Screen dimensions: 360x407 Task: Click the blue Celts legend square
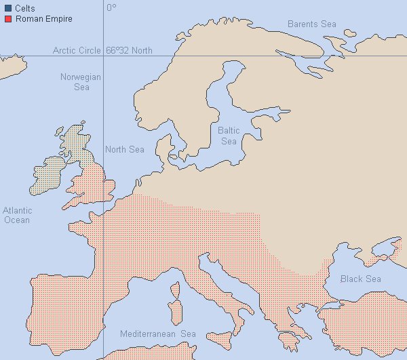tap(7, 9)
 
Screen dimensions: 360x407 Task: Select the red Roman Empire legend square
tap(7, 19)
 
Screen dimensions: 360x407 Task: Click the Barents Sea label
tap(311, 24)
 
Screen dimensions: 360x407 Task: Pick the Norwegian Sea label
tap(81, 82)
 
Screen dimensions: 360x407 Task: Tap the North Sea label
tap(125, 149)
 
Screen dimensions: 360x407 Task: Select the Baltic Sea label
tap(229, 135)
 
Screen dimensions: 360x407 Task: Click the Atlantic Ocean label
tap(17, 215)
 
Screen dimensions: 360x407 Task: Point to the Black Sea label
tap(360, 279)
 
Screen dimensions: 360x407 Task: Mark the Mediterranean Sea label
tap(157, 334)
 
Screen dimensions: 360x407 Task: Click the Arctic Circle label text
tap(77, 50)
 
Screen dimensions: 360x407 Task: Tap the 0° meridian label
tap(111, 7)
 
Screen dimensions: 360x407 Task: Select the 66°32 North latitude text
tap(130, 50)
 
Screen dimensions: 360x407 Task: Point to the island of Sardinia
tap(174, 314)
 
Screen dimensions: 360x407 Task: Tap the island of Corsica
tap(173, 292)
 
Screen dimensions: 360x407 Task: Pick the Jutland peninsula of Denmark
tap(163, 146)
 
